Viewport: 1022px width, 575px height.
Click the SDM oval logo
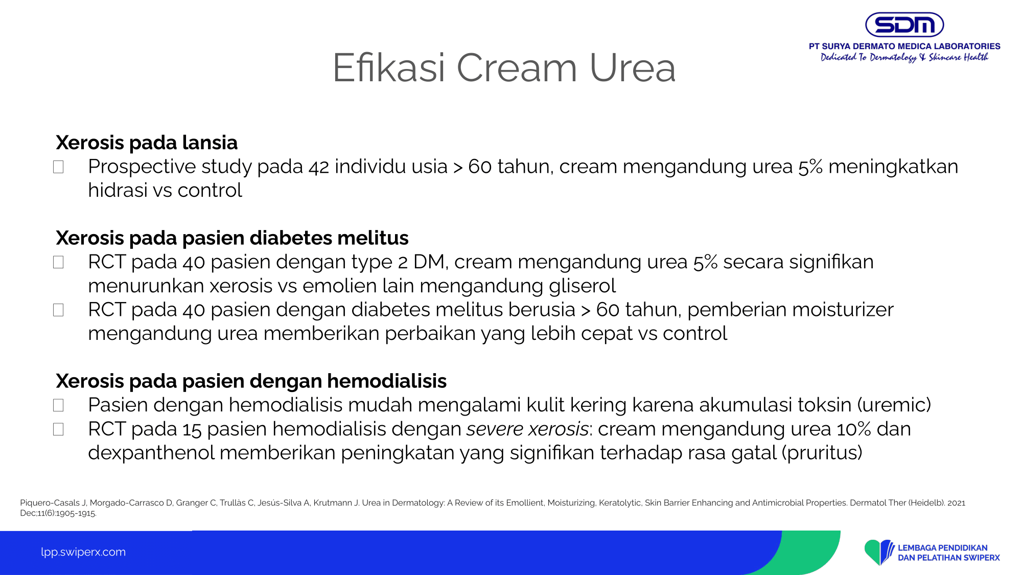click(904, 25)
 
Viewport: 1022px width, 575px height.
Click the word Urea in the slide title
click(632, 67)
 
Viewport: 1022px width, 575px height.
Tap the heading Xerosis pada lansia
click(147, 143)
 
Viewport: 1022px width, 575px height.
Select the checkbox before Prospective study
click(58, 167)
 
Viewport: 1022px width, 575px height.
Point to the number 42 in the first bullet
click(319, 167)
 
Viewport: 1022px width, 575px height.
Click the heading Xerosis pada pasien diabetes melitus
click(232, 238)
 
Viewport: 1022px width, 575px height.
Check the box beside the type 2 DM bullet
click(58, 262)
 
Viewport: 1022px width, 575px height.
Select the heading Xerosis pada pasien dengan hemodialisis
click(251, 381)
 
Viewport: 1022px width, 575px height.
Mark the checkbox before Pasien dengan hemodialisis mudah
click(58, 405)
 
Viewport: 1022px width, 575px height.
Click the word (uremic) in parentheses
click(894, 405)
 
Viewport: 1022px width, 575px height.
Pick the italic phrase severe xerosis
click(527, 429)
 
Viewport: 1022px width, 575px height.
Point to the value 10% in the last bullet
click(854, 429)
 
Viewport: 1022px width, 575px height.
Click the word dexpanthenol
click(151, 453)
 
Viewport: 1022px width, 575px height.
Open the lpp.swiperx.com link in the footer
click(83, 552)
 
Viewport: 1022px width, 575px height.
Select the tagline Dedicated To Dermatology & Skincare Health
click(904, 57)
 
